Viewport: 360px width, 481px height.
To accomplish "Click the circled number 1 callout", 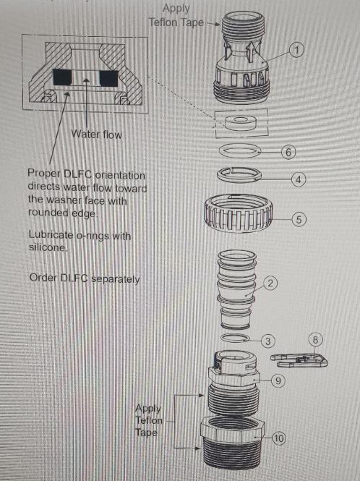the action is (296, 50).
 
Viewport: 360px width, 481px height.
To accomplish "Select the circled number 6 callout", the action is (288, 152).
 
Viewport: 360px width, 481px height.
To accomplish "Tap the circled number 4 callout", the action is (299, 179).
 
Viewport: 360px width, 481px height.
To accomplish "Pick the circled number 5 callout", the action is (299, 220).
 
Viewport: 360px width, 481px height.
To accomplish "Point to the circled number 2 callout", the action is (270, 283).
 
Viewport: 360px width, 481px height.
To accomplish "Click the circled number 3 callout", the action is (267, 341).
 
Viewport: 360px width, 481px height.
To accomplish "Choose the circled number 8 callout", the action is (315, 339).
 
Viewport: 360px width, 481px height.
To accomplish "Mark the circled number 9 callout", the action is (278, 380).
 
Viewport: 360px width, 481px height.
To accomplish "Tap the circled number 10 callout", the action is (278, 438).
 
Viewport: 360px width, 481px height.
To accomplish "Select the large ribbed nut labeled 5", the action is (238, 213).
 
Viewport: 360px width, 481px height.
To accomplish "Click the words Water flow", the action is (97, 135).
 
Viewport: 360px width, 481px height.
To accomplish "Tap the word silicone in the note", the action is (48, 247).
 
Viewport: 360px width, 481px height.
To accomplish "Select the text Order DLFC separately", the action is (85, 278).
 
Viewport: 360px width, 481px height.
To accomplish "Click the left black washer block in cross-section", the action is (62, 77).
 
